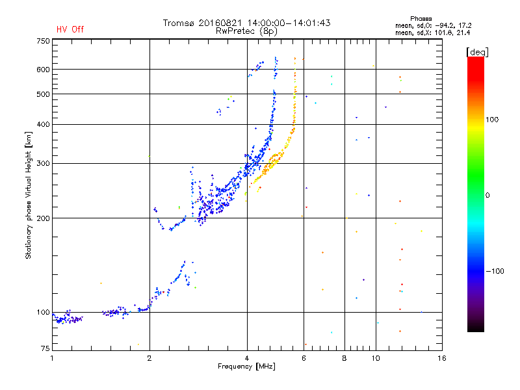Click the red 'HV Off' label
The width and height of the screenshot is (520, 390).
tap(70, 29)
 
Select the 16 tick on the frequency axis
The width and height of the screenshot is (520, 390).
tap(441, 358)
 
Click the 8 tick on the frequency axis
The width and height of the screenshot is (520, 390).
tap(344, 358)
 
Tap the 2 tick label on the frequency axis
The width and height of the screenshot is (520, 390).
tap(149, 358)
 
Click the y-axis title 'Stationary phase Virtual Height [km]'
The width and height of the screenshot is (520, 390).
tap(29, 195)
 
